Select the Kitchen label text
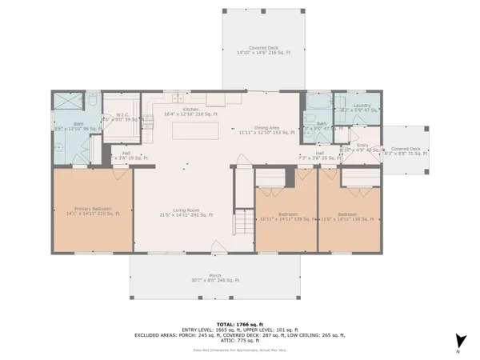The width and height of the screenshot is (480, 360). pyautogui.click(x=190, y=109)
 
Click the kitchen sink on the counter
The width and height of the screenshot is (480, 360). pyautogui.click(x=216, y=100)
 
